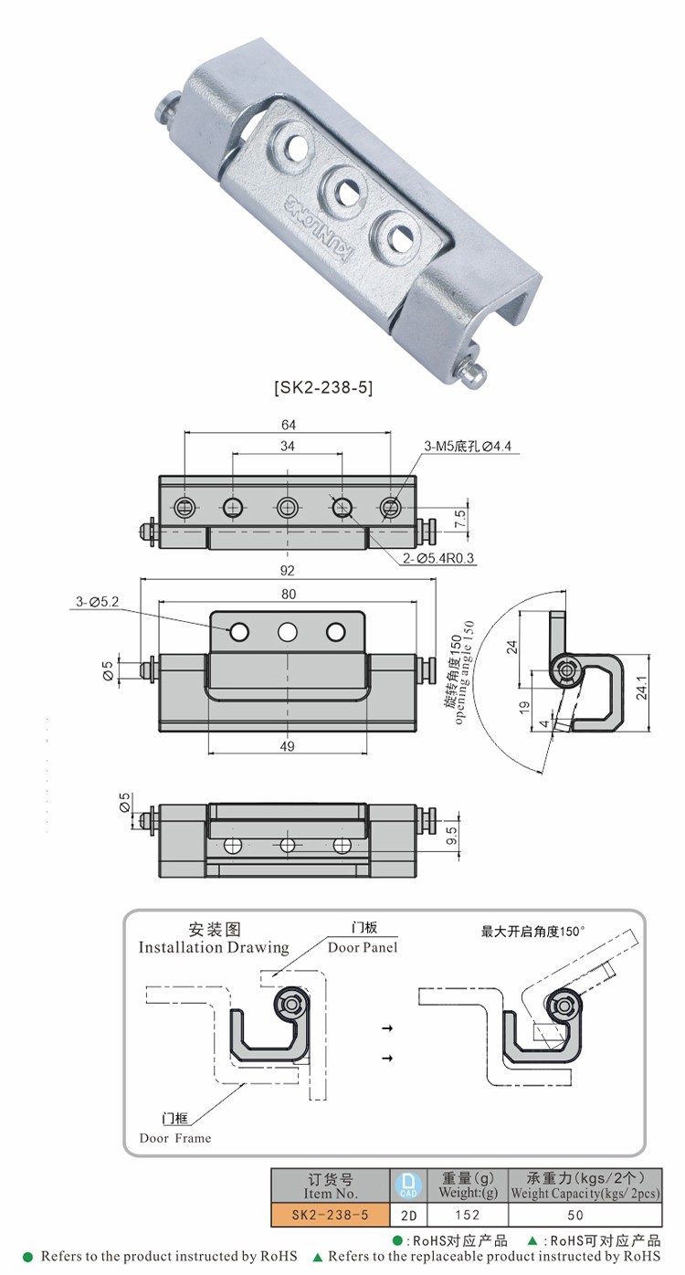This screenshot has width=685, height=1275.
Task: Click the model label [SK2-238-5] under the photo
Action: pos(323,387)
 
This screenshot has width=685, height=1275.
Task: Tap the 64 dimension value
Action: pos(289,425)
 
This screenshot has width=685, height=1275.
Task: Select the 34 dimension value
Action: pos(288,446)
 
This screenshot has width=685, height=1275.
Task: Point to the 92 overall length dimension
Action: pos(288,571)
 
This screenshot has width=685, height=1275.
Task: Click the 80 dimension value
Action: pos(288,594)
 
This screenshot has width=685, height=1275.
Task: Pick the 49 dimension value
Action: pos(288,746)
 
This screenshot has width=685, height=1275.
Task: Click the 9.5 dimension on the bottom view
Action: pos(452,835)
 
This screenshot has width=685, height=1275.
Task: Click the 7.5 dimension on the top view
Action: pos(460,518)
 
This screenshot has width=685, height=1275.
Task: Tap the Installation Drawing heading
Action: pos(214,947)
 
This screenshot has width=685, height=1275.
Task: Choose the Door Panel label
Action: pos(363,947)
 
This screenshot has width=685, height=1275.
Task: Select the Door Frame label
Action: pos(174,1138)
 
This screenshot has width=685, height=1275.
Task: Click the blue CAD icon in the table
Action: pos(408,1185)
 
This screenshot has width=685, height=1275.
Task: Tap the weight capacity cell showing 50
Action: pos(574,1216)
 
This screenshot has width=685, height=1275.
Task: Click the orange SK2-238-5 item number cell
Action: pos(330,1216)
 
